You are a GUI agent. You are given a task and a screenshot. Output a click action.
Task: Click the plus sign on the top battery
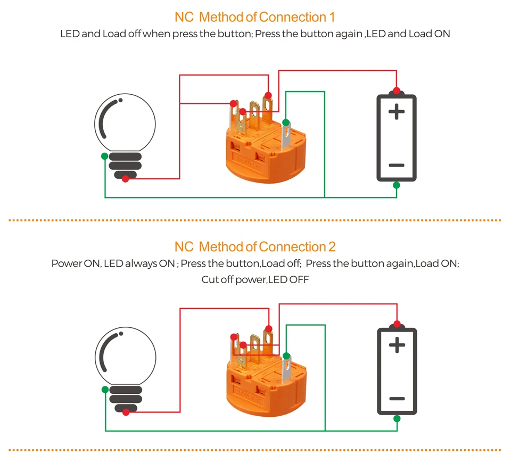coord(397,112)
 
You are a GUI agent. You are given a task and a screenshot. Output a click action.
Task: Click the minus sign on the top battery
coord(397,166)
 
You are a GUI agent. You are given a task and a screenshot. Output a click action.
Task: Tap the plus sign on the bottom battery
coord(397,345)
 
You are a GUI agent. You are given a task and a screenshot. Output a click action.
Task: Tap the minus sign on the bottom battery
coord(397,399)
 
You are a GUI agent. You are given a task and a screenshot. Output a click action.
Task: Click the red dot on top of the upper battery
coord(396,90)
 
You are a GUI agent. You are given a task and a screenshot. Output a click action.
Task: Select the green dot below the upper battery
coord(396,185)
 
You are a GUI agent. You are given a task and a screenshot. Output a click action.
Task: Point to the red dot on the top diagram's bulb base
coord(125,179)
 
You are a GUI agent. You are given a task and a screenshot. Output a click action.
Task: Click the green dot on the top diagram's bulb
coord(105,156)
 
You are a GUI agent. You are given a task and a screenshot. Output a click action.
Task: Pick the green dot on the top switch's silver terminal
coord(286,123)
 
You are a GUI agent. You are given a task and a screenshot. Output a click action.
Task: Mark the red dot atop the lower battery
coord(397,324)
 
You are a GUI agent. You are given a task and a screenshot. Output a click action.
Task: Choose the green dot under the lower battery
coord(397,418)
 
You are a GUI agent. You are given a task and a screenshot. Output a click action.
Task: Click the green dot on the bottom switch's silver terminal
coord(286,356)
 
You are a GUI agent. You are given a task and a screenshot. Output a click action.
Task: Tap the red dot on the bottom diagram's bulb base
coord(126,412)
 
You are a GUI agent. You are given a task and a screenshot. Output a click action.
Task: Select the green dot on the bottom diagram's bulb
coord(105,390)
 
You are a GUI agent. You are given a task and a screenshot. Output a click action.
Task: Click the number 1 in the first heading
coord(332,18)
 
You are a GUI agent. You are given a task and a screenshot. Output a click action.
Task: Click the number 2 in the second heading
coord(332,247)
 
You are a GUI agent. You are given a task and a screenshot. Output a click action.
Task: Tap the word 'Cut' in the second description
coord(209,279)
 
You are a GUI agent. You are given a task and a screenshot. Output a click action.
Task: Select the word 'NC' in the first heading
coord(184,18)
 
